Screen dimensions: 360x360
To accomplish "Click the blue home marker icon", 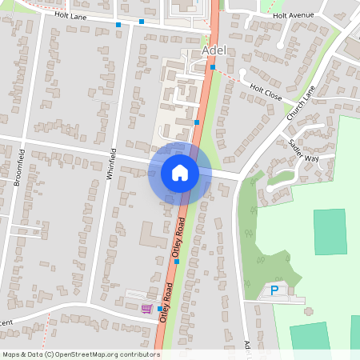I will point(180,173).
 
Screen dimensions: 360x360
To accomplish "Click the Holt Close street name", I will point(266,93).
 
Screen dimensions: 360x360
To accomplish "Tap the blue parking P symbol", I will point(274,290).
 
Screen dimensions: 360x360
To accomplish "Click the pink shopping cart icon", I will point(146,309).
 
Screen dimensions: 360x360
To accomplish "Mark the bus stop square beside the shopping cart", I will point(160,309).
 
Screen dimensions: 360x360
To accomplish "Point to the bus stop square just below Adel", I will point(213,67).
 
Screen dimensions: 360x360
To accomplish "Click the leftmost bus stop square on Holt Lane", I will point(118,25).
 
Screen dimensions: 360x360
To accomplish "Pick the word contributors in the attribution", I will point(137,354).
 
